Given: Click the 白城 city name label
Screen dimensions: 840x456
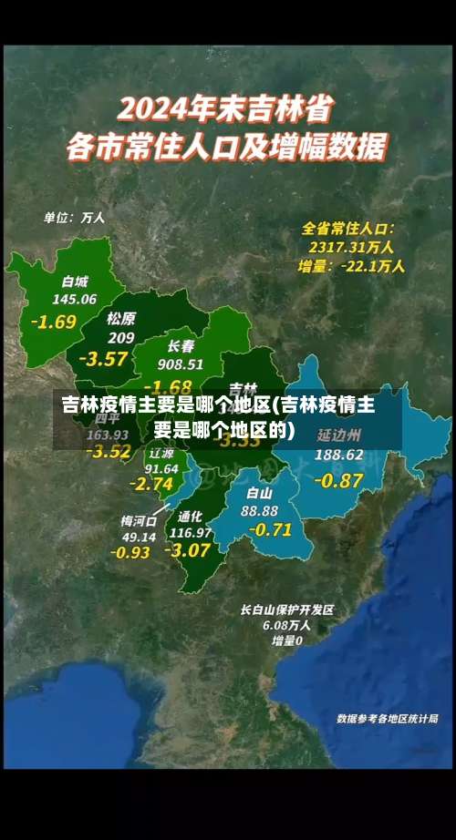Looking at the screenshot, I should [76, 281].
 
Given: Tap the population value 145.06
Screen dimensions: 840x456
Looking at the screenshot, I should [75, 299].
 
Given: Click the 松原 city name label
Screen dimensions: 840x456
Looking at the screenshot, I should [120, 318].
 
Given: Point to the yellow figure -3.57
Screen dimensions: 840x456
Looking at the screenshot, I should [103, 358].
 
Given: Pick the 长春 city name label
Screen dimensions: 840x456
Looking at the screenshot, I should [181, 346].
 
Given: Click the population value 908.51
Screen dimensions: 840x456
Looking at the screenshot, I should [181, 364].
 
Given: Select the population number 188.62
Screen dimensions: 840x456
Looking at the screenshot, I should [339, 454].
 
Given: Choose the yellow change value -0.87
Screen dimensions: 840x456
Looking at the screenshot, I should [338, 480].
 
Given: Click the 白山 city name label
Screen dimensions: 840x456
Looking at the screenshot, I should [260, 493].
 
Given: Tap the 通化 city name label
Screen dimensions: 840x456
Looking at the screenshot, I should [191, 516].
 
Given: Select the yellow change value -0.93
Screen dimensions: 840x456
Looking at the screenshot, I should [130, 552].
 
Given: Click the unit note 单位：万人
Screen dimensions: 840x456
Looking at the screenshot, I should [74, 218].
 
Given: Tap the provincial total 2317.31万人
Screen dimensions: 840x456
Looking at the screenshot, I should [351, 246].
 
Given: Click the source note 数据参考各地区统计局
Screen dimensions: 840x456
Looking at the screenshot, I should [388, 718].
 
